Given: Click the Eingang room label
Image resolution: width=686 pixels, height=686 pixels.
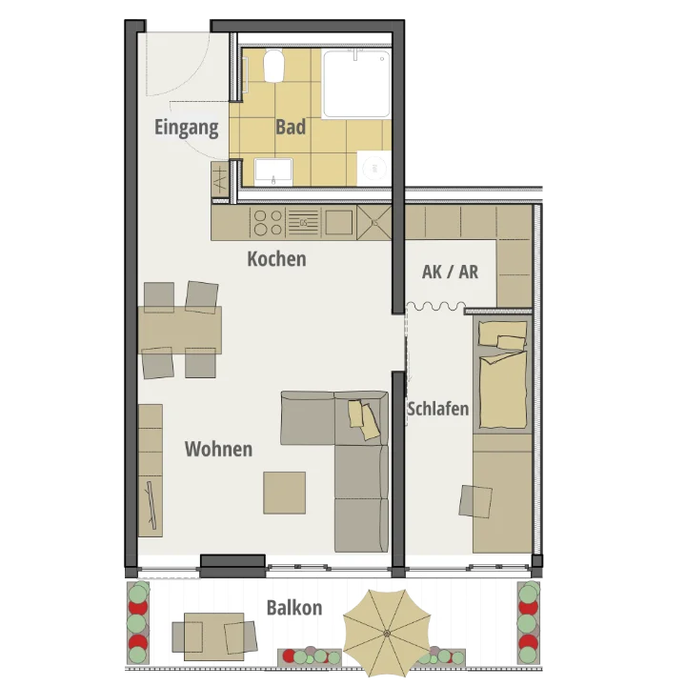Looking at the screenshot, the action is (x=187, y=128).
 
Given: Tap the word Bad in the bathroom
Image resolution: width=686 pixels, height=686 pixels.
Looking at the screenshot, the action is (x=291, y=127).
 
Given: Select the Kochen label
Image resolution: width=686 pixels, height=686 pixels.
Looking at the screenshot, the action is (x=276, y=258).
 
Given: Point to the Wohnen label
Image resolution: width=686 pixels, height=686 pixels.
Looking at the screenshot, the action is (x=218, y=449).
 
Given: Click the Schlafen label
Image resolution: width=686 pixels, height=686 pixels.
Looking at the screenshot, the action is (x=438, y=409).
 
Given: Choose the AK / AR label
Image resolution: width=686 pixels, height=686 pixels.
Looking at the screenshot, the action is (x=450, y=272).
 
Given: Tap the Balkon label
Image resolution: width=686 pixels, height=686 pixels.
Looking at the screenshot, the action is (x=294, y=608).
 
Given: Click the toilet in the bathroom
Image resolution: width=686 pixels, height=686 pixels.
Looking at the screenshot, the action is (x=274, y=65).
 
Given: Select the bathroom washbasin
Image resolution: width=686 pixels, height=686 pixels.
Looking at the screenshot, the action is (x=273, y=171).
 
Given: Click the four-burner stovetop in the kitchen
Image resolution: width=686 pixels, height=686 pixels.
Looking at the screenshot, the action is (x=268, y=223).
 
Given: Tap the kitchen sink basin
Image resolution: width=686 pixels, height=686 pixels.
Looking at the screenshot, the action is (x=338, y=223).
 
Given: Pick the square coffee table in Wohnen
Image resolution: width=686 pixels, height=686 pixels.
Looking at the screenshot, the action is (x=284, y=493).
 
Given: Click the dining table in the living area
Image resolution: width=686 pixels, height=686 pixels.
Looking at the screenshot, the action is (x=180, y=330).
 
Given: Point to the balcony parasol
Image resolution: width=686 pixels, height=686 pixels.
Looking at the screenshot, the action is (x=387, y=633).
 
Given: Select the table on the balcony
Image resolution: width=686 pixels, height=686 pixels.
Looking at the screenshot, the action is (x=214, y=636).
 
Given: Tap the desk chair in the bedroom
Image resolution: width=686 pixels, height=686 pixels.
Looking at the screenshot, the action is (x=475, y=501).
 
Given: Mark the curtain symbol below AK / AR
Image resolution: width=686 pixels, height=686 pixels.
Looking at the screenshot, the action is (x=435, y=306).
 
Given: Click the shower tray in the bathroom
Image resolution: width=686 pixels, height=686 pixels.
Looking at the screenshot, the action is (x=356, y=84).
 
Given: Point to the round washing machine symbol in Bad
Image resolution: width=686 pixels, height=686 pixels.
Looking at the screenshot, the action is (x=374, y=169).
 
